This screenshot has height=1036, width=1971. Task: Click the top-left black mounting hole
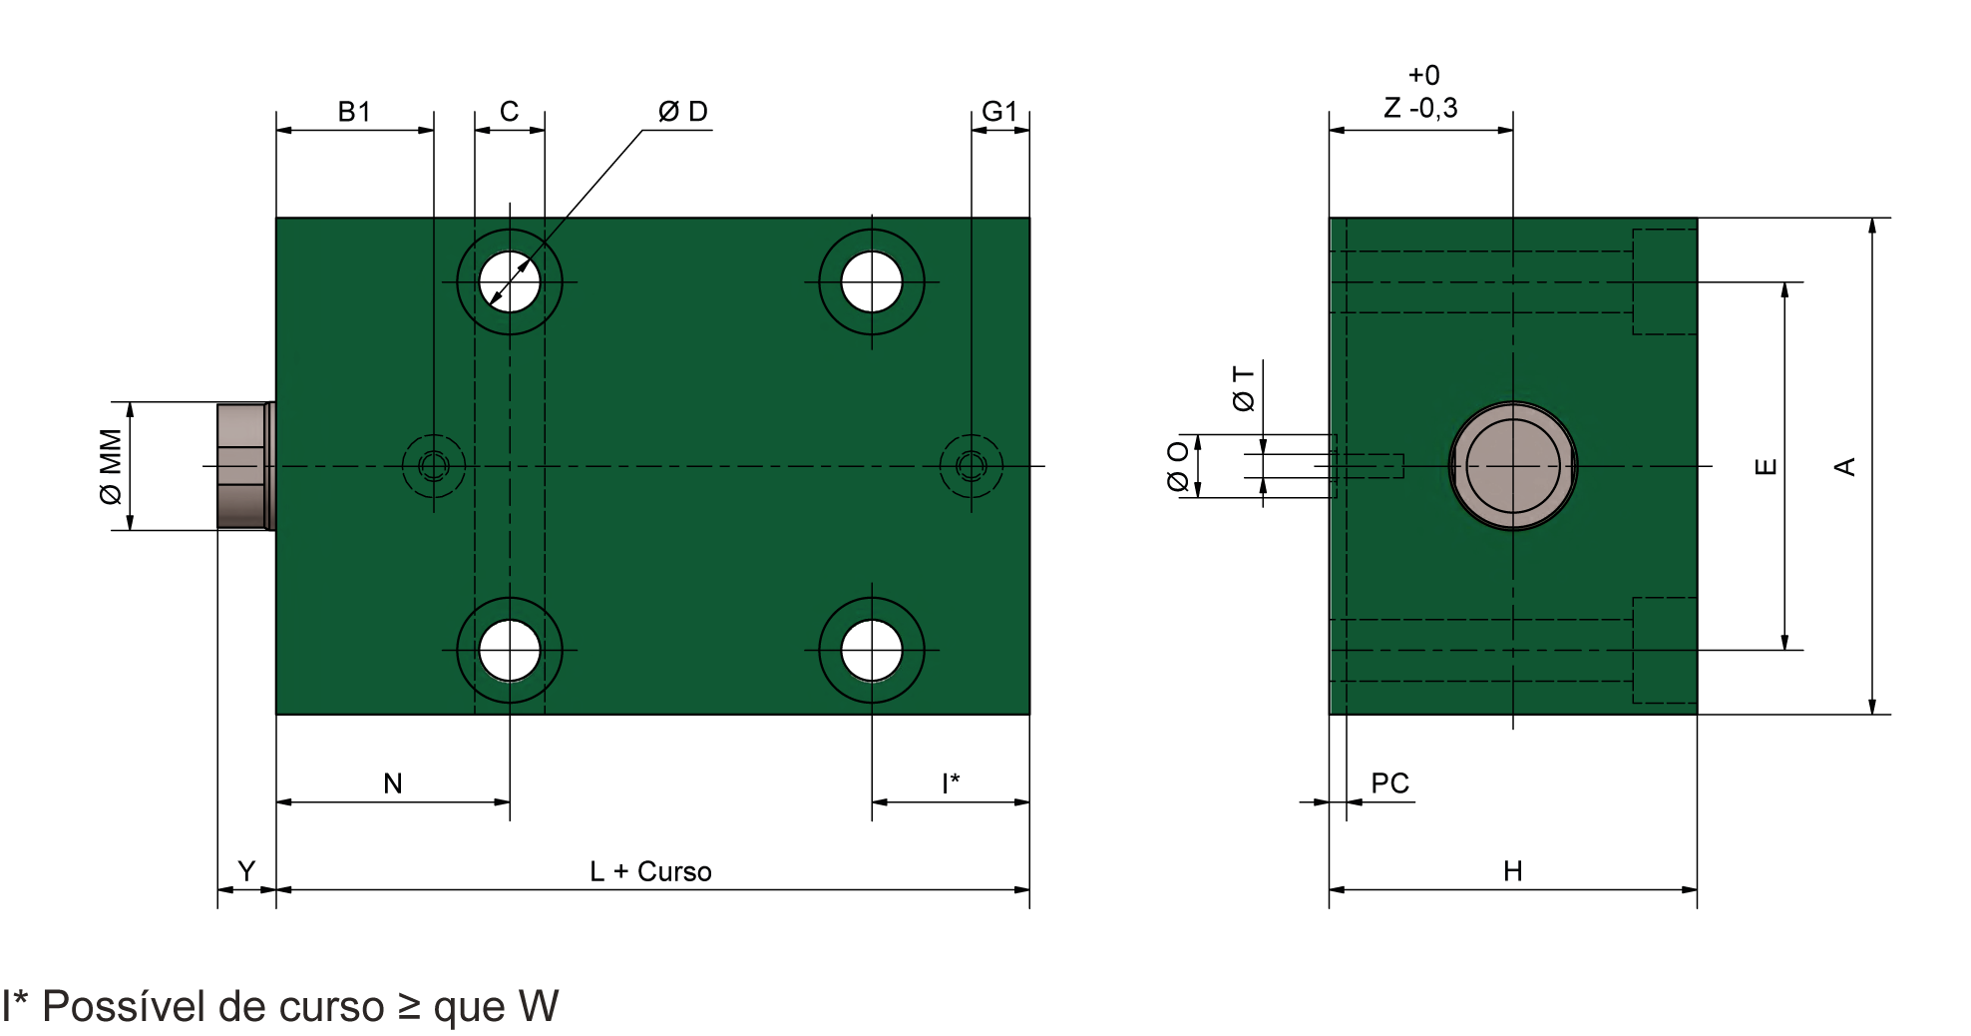tap(509, 281)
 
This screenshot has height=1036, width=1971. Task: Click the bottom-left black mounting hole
tap(509, 650)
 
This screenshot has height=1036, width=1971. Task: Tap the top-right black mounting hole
tap(871, 281)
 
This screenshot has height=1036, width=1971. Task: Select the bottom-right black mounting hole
tap(871, 650)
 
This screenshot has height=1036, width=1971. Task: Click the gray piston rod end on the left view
tap(244, 465)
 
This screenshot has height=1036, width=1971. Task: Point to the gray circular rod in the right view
tap(1512, 465)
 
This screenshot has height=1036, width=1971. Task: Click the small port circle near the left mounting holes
tap(433, 465)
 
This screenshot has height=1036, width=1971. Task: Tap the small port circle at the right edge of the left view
tap(971, 465)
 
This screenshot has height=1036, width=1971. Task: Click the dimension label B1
tap(354, 111)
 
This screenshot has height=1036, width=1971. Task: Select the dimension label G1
tap(999, 111)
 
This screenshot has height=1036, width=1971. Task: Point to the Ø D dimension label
tap(683, 111)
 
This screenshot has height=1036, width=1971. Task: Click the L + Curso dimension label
tap(650, 871)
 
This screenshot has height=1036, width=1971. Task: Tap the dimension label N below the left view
tap(393, 784)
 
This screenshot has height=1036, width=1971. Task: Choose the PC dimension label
tap(1389, 784)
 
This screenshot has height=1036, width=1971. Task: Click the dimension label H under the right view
tap(1512, 871)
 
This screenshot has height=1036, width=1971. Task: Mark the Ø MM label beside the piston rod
tap(111, 465)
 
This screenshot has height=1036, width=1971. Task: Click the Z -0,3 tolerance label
tap(1421, 107)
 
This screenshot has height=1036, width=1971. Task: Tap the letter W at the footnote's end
tap(539, 1006)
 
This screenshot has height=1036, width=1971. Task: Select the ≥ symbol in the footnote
tap(409, 1006)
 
